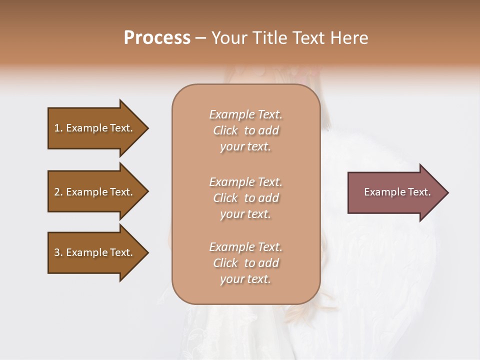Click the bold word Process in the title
(157, 38)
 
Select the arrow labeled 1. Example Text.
(95, 128)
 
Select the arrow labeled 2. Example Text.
(95, 192)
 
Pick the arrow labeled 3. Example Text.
(95, 252)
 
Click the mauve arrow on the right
(395, 192)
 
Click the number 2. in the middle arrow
(58, 192)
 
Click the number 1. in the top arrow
(58, 128)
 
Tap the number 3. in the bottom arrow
(58, 252)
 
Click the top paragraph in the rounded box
(245, 130)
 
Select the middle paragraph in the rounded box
(245, 198)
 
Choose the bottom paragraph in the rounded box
(245, 263)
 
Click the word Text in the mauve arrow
(419, 192)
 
